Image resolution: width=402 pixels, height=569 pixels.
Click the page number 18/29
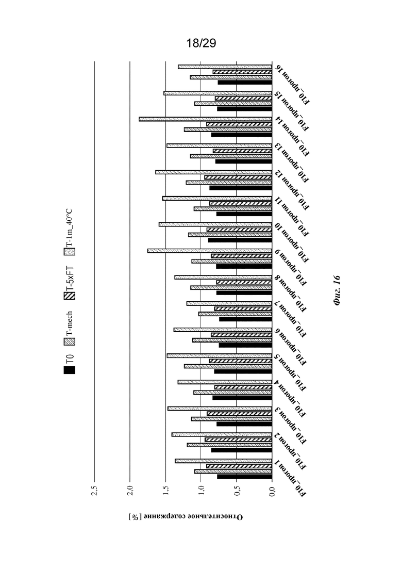coord(201,43)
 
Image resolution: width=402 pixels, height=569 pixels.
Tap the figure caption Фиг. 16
coord(337,290)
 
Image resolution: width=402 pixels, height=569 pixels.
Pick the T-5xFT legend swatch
coord(70,296)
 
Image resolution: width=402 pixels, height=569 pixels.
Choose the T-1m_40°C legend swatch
coord(70,251)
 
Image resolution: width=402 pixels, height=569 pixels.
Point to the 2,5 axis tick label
coord(94,490)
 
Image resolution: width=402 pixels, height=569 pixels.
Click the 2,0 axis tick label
coord(130,490)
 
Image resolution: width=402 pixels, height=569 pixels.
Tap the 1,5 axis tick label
coord(165,490)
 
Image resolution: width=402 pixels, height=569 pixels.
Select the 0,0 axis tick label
coord(272,490)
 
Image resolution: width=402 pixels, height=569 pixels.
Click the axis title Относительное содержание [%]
coord(186,516)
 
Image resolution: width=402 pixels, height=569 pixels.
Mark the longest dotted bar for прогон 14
coord(205,119)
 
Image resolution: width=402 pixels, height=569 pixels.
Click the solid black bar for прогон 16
coord(245,83)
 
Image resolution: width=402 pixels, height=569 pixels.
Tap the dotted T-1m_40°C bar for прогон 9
coord(210,251)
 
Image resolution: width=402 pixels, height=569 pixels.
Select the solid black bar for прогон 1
coord(244,477)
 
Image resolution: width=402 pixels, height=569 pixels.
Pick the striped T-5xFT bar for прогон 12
coord(238,177)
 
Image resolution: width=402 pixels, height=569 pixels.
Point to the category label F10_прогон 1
coord(291,479)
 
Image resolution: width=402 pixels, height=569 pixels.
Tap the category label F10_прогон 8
coord(291,294)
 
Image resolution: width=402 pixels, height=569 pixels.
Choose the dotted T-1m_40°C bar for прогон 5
coord(220,355)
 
